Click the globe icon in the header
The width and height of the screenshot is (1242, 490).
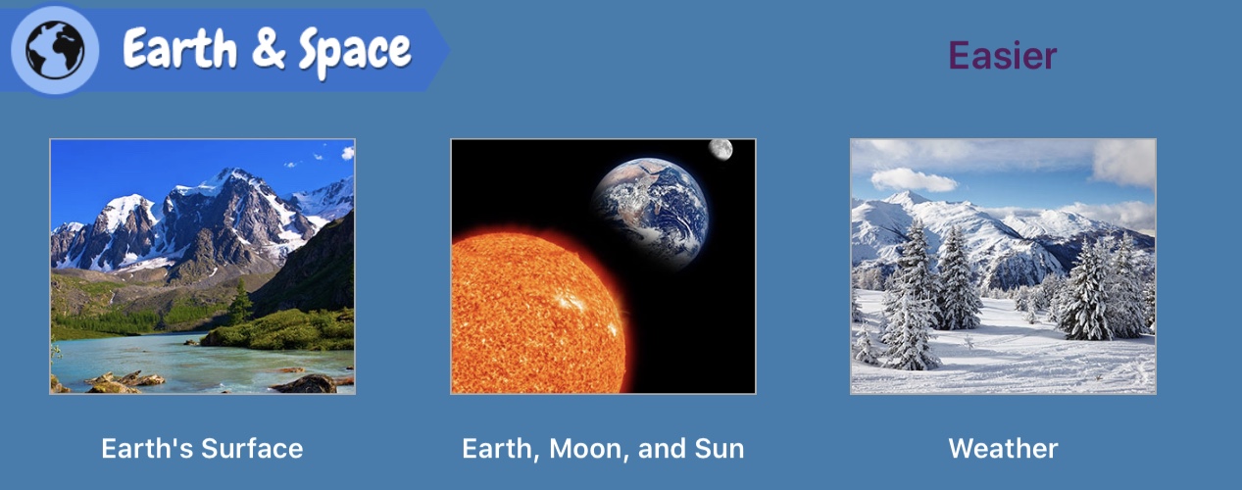(x=55, y=50)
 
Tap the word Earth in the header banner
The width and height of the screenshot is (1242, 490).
(x=179, y=49)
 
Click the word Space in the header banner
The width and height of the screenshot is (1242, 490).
(x=355, y=52)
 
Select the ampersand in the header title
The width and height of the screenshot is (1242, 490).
(x=269, y=49)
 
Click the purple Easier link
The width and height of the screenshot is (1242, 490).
(x=1003, y=56)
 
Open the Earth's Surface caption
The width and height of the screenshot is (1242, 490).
(x=202, y=449)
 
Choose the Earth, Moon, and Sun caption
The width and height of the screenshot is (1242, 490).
(x=603, y=449)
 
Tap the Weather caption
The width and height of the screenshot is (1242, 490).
(x=1003, y=449)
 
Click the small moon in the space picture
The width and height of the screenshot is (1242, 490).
(x=720, y=149)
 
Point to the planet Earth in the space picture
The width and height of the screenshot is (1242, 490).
(x=650, y=214)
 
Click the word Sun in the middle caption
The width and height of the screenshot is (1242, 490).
(x=720, y=449)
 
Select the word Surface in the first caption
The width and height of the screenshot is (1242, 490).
(x=252, y=449)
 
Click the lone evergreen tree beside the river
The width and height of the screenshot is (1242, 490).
(x=240, y=302)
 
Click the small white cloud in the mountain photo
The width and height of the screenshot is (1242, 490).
(x=348, y=153)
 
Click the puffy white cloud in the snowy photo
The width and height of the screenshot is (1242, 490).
(x=913, y=180)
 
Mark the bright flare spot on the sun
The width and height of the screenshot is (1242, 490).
(x=571, y=303)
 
